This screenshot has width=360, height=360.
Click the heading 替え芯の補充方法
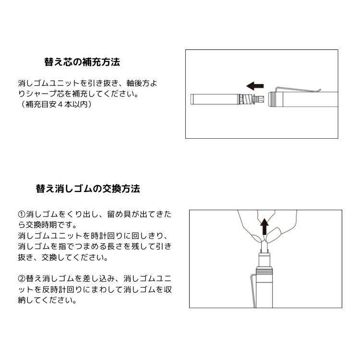pos(82,62)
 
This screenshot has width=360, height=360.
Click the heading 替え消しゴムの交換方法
pos(88,189)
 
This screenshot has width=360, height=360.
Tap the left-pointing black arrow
pos(255,86)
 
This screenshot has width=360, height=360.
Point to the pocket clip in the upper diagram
pos(299,90)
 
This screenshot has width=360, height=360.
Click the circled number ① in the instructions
pos(22,215)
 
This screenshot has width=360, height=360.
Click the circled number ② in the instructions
pos(22,279)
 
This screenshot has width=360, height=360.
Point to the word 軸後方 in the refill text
pos(138,83)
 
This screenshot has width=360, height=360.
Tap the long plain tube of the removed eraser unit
pos(215,100)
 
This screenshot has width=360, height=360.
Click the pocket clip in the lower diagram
pos(254,290)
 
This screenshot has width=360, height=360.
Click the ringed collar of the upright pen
pos(264,270)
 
